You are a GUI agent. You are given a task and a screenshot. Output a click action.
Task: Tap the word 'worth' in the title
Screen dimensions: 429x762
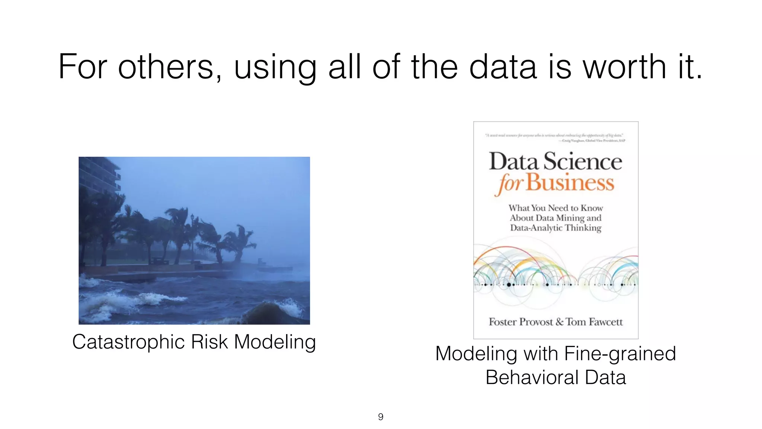[x=624, y=67]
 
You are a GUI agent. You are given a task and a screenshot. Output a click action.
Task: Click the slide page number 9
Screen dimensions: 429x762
[x=381, y=417]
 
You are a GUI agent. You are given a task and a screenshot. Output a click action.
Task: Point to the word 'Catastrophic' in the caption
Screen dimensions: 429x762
[x=128, y=342]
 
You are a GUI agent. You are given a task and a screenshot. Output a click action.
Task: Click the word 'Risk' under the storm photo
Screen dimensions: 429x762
[x=209, y=342]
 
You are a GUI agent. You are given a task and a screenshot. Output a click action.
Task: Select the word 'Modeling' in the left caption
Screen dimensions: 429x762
[x=275, y=342]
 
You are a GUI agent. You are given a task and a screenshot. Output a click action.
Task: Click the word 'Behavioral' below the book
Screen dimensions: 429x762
[x=532, y=377]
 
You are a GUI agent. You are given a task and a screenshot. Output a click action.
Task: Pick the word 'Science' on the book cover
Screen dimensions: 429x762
[x=583, y=162]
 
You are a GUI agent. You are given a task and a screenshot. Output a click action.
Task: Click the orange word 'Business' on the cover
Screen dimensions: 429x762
[x=570, y=183]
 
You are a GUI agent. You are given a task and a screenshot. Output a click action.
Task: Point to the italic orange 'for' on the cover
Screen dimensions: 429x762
[x=510, y=184]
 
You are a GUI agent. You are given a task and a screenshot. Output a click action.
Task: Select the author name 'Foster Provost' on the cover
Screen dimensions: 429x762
[x=521, y=322]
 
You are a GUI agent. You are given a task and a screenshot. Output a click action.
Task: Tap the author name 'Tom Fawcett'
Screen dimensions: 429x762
[x=594, y=322]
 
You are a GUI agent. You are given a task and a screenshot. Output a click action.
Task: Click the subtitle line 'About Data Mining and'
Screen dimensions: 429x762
[x=556, y=218]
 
